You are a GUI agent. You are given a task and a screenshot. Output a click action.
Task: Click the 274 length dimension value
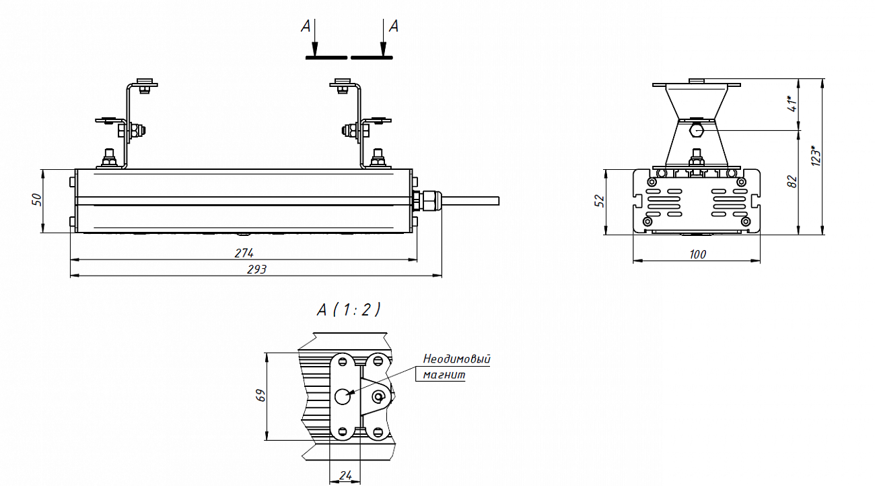[x=244, y=253]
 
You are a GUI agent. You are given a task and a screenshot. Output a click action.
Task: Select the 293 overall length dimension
[x=256, y=270]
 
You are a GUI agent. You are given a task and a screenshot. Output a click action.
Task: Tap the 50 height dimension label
[x=37, y=200]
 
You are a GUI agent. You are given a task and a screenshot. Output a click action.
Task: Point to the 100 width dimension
[x=698, y=255]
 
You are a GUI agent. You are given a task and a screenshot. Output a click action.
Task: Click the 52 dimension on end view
[x=599, y=201]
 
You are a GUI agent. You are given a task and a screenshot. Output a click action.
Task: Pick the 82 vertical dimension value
[x=792, y=181]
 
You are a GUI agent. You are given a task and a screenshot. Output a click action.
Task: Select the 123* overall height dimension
[x=816, y=156]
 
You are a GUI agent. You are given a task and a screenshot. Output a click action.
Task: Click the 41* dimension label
[x=792, y=103]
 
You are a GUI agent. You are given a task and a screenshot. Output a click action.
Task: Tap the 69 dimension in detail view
[x=260, y=395]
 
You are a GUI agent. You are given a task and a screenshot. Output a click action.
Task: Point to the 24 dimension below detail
[x=346, y=475]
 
